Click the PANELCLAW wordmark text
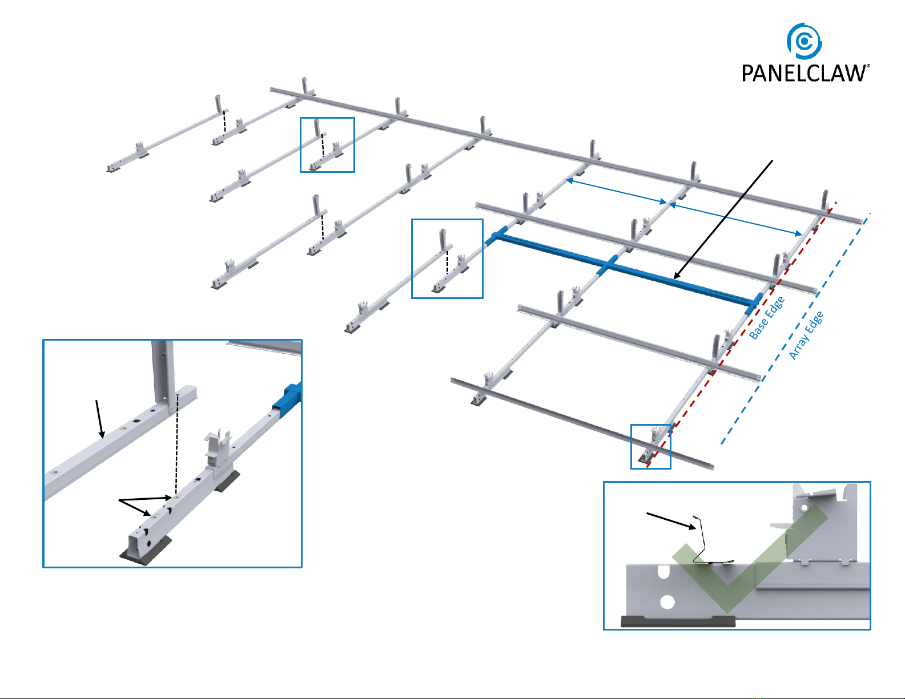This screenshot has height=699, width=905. pos(804,73)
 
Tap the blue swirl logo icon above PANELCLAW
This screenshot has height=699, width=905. pos(804,41)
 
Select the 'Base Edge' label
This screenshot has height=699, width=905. pos(767,318)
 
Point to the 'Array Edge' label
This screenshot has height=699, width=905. pos(806,336)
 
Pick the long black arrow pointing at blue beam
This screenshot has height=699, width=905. pos(723,219)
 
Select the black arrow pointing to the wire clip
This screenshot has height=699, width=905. pos(671,521)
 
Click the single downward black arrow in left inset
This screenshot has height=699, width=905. pos(100,419)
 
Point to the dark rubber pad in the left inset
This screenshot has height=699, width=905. pos(146,551)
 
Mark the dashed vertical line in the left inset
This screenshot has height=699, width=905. pos(176,445)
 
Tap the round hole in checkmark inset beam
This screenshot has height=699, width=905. pos(667,601)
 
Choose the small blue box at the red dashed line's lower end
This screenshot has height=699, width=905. pos(650,446)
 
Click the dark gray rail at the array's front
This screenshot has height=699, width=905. pos(582,423)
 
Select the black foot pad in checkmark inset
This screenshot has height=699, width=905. pos(678,621)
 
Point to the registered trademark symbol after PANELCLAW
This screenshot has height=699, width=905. pos(868,66)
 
